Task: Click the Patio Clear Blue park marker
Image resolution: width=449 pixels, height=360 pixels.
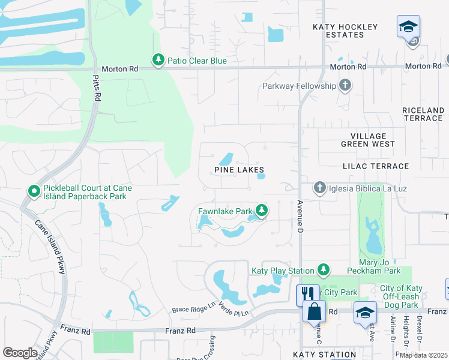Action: [x=158, y=60]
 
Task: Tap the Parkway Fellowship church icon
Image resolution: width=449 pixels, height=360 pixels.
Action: [x=345, y=86]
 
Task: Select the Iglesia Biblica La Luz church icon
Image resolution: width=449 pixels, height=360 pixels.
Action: [x=320, y=188]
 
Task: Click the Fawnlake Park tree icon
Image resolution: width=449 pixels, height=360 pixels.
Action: [x=261, y=211]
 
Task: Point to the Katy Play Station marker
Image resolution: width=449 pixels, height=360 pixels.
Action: [x=324, y=270]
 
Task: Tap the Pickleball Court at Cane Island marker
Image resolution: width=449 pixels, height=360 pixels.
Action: [x=34, y=192]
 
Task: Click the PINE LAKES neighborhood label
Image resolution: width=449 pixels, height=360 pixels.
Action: [x=239, y=170]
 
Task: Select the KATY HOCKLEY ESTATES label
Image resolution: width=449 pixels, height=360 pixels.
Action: [x=346, y=31]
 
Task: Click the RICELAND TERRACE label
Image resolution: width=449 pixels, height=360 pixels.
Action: [x=423, y=114]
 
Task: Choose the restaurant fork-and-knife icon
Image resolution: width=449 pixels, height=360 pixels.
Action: [x=308, y=293]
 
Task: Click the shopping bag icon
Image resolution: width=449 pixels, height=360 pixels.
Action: [x=314, y=311]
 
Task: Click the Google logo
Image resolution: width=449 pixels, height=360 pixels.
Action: [x=20, y=353]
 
